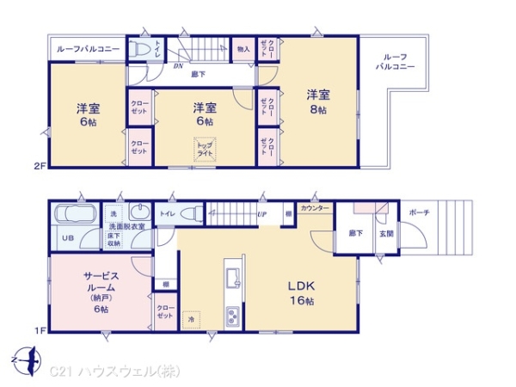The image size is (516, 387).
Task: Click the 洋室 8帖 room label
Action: [317, 101]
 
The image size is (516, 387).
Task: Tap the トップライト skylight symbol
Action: [205, 150]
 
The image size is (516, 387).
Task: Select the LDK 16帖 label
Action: [299, 293]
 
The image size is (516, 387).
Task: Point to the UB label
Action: [65, 237]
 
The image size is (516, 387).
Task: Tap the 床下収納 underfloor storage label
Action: [114, 239]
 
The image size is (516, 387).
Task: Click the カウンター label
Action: [314, 208]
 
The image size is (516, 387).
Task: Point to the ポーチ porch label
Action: [419, 212]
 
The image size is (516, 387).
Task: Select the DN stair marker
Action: [178, 64]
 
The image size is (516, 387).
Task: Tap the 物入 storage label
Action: [243, 49]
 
